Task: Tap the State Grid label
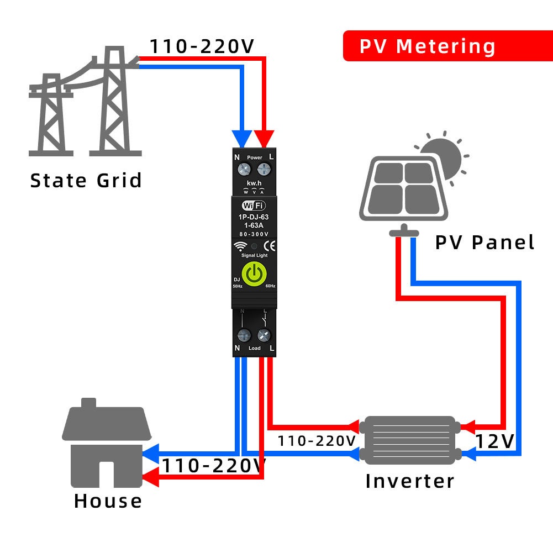[x=86, y=181]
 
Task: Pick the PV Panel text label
[x=484, y=243]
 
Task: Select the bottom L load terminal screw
[x=265, y=335]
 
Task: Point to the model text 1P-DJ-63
[x=254, y=218]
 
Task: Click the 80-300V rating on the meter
[x=254, y=234]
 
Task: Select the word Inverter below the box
[x=409, y=481]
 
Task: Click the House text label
[x=108, y=501]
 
